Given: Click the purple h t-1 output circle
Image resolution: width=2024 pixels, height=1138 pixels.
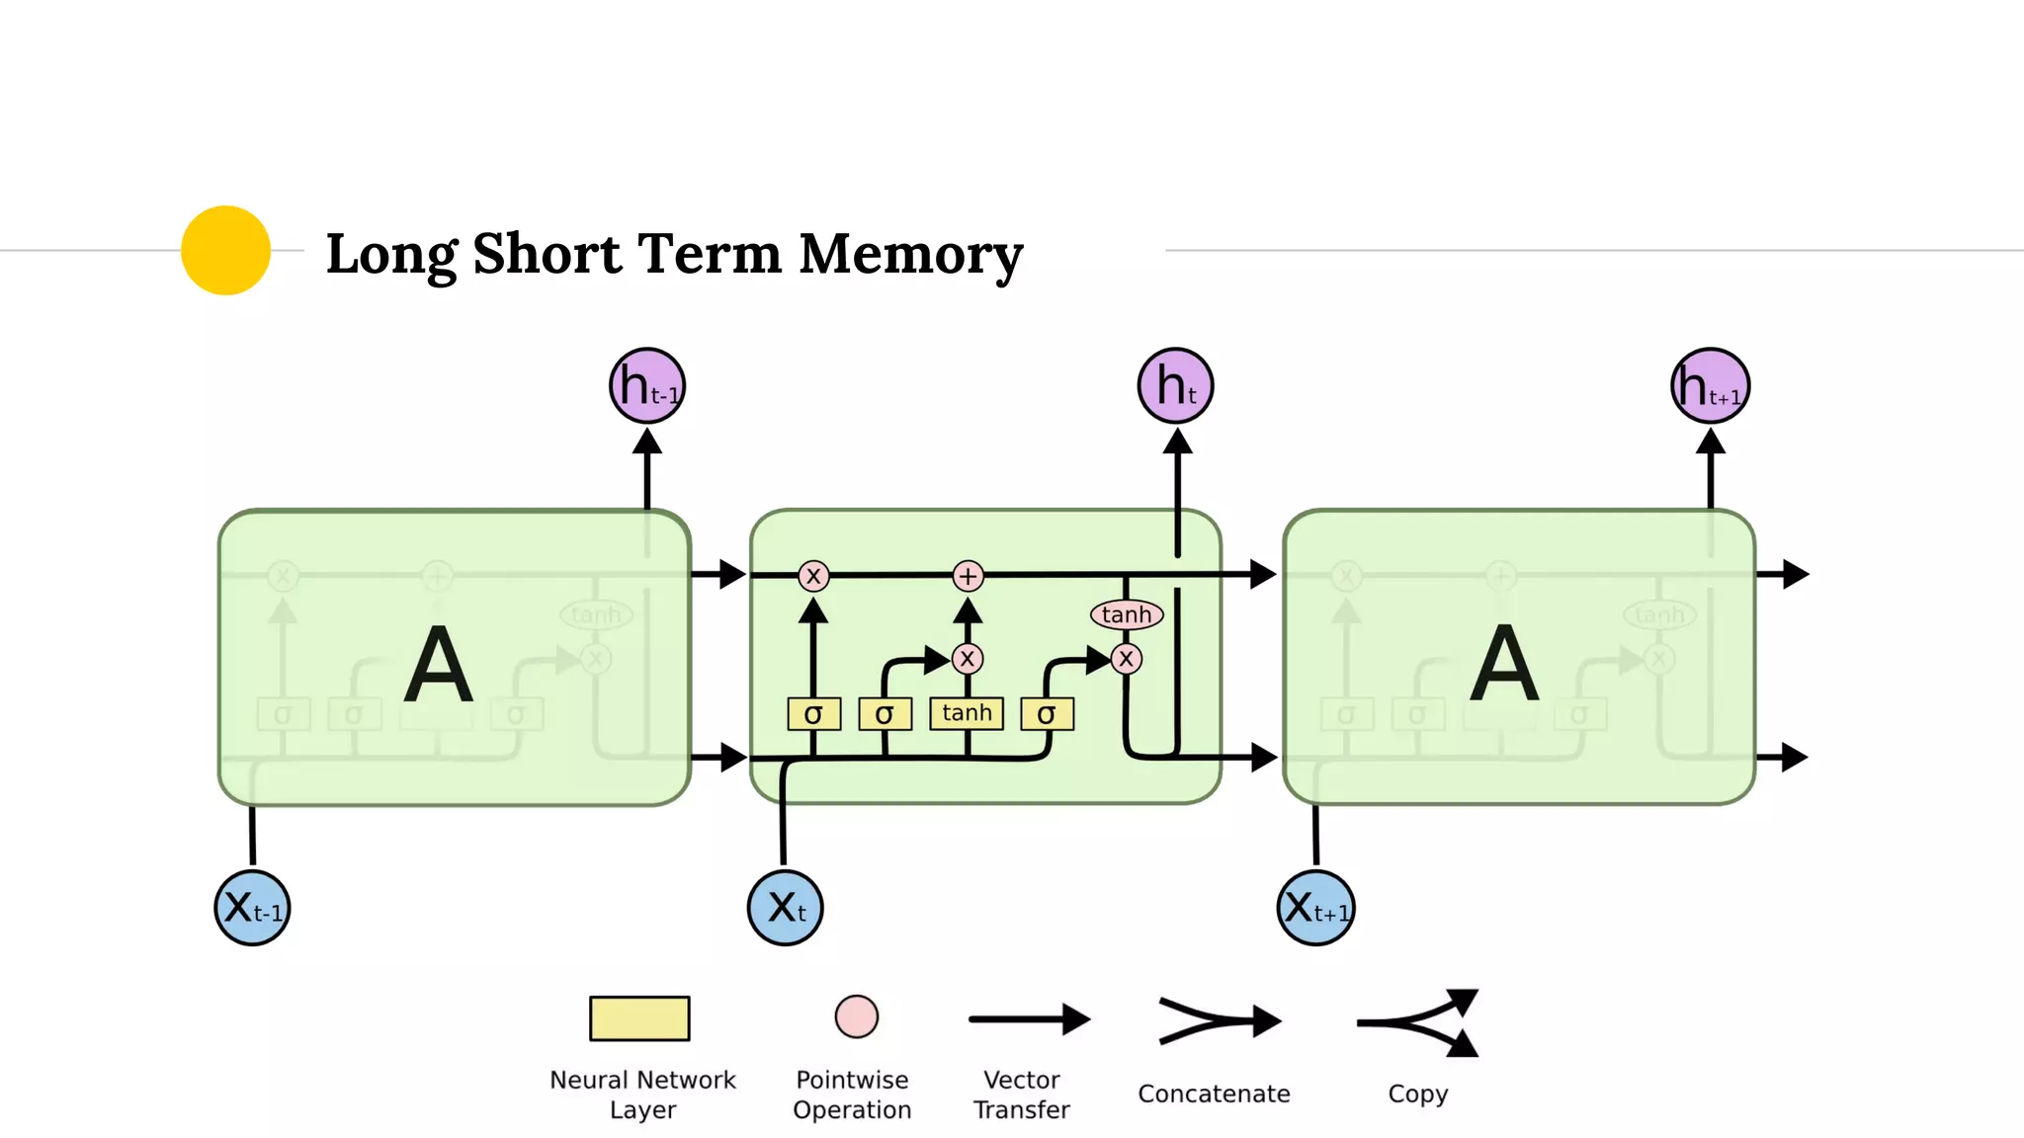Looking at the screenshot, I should click(647, 385).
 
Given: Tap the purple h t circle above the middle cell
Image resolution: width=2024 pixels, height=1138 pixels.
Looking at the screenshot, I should click(1175, 385).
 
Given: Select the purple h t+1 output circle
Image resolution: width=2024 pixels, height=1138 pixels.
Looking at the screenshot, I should click(1710, 385).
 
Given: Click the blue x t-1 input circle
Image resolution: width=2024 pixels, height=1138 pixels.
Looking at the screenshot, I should click(252, 908).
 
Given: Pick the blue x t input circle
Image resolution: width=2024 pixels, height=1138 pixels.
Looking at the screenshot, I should click(786, 908).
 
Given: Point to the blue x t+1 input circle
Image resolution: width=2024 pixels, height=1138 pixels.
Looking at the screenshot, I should click(1315, 908).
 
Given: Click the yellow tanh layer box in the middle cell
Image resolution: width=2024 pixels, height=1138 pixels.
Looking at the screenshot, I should click(967, 713).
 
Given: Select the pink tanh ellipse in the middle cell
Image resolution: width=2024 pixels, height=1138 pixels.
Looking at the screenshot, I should click(1127, 614).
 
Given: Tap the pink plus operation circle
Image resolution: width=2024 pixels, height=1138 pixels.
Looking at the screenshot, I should click(968, 576).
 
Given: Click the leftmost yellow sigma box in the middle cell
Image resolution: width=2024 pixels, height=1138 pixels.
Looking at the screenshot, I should click(813, 714).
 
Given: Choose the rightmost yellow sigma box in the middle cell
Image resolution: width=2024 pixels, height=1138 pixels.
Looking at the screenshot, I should click(1047, 714).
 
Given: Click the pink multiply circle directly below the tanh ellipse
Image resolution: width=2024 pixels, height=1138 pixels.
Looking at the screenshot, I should click(1126, 659).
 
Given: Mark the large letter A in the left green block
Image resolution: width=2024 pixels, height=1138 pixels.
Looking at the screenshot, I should click(439, 665).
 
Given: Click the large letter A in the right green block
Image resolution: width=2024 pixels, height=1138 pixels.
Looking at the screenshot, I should click(1504, 665).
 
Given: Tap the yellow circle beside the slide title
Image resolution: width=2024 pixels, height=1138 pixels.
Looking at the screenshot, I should click(225, 250).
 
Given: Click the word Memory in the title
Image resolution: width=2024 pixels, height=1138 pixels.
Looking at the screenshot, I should click(910, 255).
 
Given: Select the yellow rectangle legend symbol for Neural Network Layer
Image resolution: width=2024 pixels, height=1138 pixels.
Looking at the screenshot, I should click(639, 1018).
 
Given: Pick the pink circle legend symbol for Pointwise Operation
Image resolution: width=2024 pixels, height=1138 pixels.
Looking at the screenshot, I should click(856, 1016).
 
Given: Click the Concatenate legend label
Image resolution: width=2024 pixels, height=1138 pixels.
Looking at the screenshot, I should click(1214, 1094).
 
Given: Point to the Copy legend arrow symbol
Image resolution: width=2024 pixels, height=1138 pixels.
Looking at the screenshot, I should click(1419, 1022).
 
